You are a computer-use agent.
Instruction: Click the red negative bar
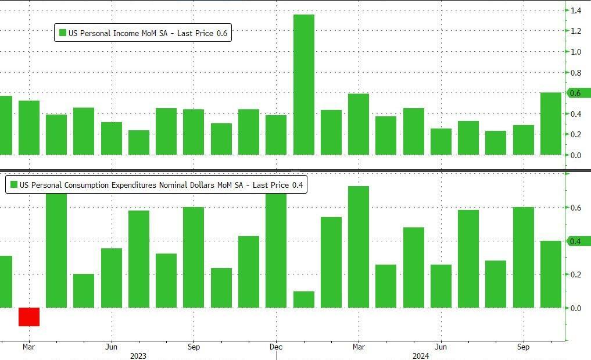point(29,317)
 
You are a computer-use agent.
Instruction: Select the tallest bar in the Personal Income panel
point(304,84)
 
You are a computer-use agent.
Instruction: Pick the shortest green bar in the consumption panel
point(304,300)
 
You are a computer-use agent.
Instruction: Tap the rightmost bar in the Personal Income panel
point(551,123)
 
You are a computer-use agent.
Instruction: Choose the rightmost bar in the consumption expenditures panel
point(551,274)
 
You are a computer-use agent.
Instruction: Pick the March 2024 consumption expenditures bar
point(359,247)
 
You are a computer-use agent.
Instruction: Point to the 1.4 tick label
point(576,10)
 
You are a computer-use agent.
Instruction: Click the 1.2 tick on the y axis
point(576,31)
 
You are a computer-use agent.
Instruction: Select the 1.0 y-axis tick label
point(576,52)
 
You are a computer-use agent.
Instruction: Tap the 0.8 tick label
point(576,73)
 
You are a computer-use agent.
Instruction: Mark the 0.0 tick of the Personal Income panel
point(576,155)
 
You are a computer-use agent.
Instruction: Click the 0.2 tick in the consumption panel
point(576,275)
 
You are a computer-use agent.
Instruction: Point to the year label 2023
point(138,356)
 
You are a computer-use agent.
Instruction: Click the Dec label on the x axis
point(276,347)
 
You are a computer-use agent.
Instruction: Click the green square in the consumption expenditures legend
point(13,186)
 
